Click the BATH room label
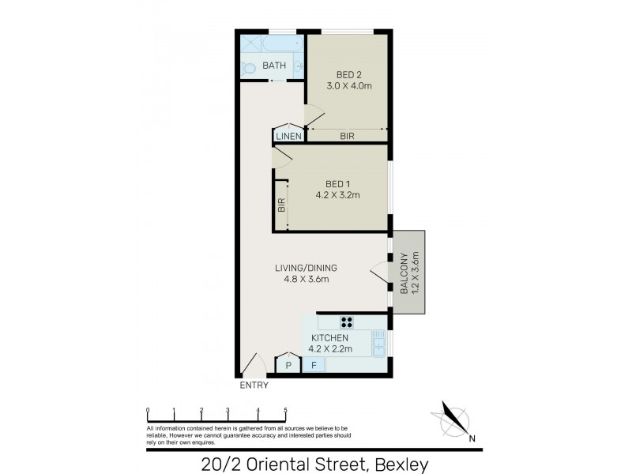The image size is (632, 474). pyautogui.click(x=274, y=66)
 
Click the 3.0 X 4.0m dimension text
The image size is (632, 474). pyautogui.click(x=348, y=86)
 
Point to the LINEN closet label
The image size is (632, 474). pyautogui.click(x=289, y=137)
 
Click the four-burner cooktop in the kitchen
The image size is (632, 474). pyautogui.click(x=347, y=322)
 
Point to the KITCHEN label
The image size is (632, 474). pyautogui.click(x=329, y=338)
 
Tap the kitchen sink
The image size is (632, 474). pyautogui.click(x=378, y=346)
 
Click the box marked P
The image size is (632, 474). pyautogui.click(x=288, y=365)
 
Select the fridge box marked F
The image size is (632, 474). pyautogui.click(x=314, y=365)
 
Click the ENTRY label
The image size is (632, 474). pyautogui.click(x=254, y=386)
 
